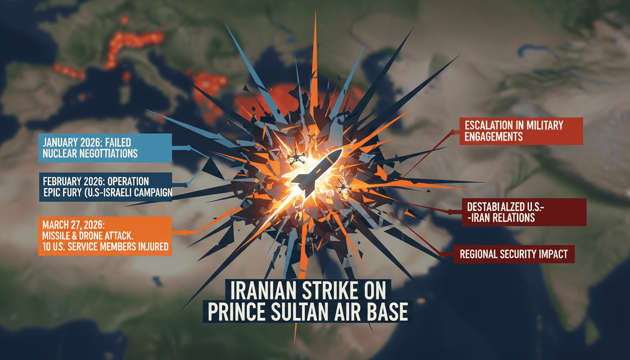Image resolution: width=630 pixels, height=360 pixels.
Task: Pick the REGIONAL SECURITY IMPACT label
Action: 514,255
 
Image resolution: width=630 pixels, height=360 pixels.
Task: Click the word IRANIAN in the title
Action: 258,291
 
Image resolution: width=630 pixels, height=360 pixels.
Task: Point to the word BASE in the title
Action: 388,313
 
